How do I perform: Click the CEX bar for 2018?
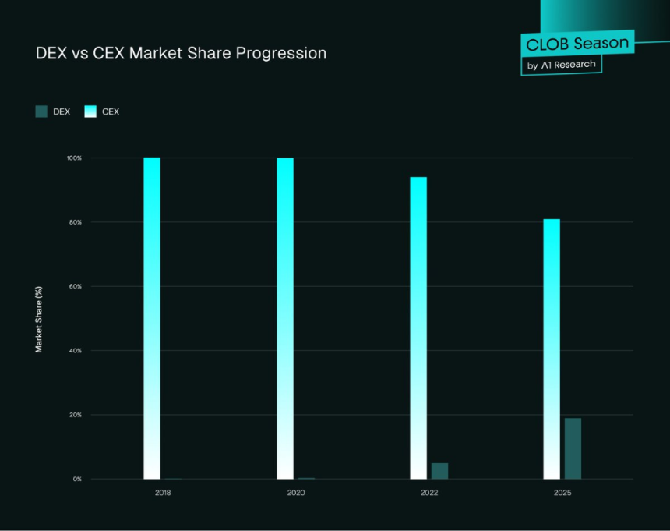click(x=152, y=318)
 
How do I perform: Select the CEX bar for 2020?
click(x=285, y=318)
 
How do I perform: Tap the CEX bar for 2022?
click(x=418, y=327)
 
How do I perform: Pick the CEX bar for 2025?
click(x=552, y=349)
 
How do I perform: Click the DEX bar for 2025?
click(x=573, y=448)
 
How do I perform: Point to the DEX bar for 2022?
click(x=439, y=471)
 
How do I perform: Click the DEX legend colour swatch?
click(x=41, y=112)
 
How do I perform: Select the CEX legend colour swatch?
click(x=90, y=112)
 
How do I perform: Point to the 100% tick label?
click(x=73, y=158)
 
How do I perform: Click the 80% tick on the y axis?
click(x=75, y=222)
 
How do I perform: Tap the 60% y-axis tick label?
click(x=75, y=286)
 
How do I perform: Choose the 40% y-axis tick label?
click(x=75, y=351)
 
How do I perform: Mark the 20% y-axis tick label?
click(x=75, y=415)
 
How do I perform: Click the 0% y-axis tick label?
click(x=76, y=479)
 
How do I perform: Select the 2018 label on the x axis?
click(x=162, y=494)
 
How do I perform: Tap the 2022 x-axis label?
click(x=428, y=494)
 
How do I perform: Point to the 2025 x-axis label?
click(x=562, y=494)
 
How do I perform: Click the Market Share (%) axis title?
click(x=39, y=319)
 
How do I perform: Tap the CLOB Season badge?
click(x=578, y=44)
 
